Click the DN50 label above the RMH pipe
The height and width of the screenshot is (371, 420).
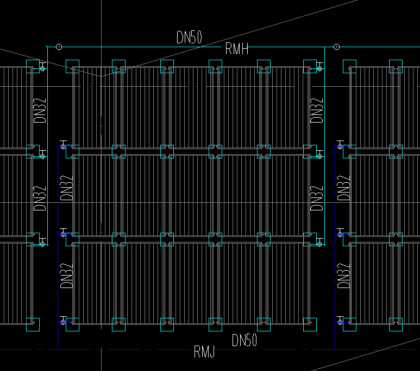(x=189, y=37)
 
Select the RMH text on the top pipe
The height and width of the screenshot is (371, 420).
(x=236, y=50)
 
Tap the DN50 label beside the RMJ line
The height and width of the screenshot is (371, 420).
(x=244, y=341)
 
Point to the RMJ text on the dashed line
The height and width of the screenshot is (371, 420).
(x=204, y=353)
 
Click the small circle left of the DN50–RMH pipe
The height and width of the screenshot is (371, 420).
(x=59, y=47)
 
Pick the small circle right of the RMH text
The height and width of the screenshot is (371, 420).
(x=336, y=47)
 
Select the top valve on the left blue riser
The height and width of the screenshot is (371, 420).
(x=64, y=146)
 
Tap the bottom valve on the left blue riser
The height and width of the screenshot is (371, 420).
(x=64, y=322)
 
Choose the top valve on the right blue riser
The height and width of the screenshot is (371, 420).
(x=341, y=146)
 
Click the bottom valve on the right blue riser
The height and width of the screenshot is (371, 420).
(x=341, y=322)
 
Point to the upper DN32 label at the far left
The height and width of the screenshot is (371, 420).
(x=40, y=110)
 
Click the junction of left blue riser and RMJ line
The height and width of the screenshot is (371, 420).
(x=58, y=349)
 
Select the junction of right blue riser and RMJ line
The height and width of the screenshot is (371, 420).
(x=335, y=349)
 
